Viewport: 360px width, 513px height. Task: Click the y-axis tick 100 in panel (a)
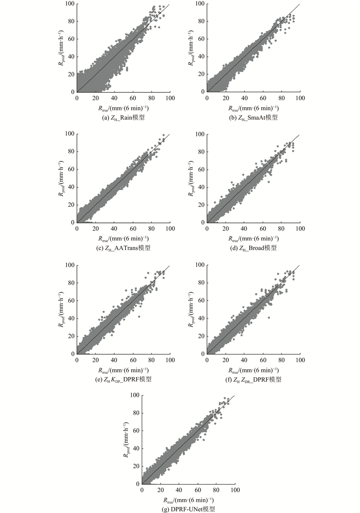point(69,4)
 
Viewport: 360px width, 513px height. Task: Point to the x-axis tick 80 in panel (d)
point(282,229)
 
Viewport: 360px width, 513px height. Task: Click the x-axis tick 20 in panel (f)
point(225,360)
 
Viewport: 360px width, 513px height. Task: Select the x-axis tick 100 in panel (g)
point(235,490)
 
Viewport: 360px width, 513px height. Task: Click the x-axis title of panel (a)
point(123,108)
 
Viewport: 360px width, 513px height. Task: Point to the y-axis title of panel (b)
point(190,48)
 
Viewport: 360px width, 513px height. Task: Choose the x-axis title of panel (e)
point(123,370)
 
